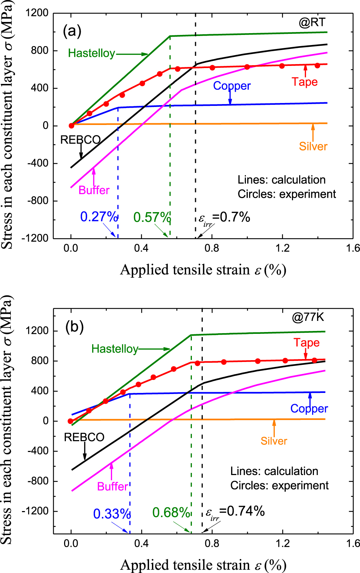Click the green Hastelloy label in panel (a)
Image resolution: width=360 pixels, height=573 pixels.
91,53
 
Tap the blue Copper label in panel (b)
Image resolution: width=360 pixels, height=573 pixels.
309,408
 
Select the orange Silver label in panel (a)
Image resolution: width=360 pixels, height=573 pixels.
313,146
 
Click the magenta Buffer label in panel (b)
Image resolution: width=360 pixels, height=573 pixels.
112,487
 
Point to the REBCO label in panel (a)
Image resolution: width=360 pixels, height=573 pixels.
80,140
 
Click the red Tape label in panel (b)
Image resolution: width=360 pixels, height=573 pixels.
306,343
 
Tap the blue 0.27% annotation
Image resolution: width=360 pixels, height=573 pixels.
99,217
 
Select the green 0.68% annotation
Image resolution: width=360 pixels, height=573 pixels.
171,512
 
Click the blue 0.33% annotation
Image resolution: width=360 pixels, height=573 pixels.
112,514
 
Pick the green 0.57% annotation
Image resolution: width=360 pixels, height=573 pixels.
152,218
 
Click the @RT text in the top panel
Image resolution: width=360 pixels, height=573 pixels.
312,22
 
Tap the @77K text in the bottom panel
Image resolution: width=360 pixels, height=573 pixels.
308,317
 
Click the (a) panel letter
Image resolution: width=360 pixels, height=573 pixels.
72,31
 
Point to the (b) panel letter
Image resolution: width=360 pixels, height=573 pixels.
75,326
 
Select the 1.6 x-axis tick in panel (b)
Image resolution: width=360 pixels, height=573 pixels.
352,543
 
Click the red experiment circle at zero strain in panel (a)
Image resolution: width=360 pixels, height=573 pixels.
71,126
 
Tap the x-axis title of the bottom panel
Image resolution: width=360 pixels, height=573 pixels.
203,565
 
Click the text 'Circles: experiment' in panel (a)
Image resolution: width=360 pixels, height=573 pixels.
287,194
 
